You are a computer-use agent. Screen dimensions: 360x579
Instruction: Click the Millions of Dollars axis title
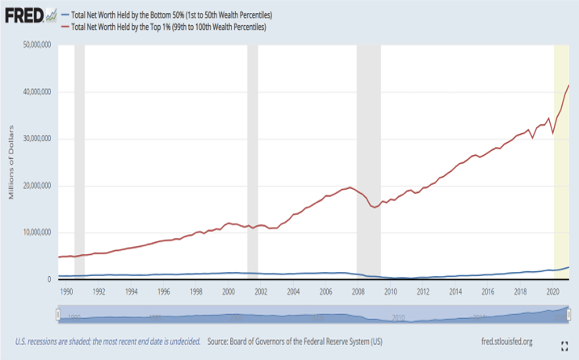11,161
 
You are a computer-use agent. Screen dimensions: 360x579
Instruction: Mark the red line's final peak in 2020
569,86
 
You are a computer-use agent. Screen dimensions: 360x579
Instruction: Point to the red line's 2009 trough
373,207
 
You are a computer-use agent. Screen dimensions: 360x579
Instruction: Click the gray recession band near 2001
252,161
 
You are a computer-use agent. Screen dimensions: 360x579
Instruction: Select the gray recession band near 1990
79,161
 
